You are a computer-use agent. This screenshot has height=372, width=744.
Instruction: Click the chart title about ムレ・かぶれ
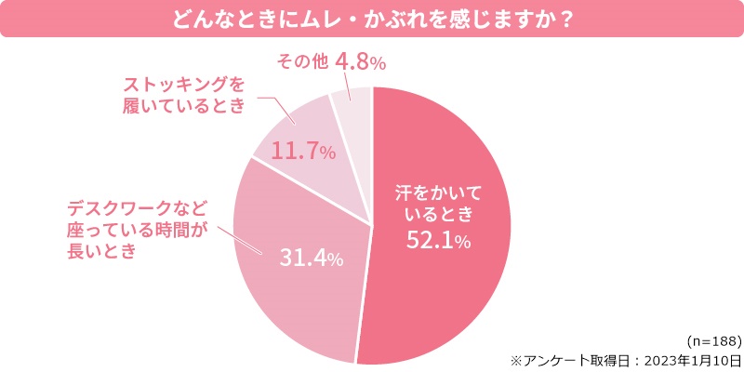click(371, 20)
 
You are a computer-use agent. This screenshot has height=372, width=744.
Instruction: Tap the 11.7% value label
click(303, 151)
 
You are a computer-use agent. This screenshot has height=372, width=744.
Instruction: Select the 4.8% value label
click(359, 62)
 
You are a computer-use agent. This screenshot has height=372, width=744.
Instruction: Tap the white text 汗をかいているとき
click(435, 205)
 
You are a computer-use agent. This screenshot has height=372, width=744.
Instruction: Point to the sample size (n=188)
click(712, 340)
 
